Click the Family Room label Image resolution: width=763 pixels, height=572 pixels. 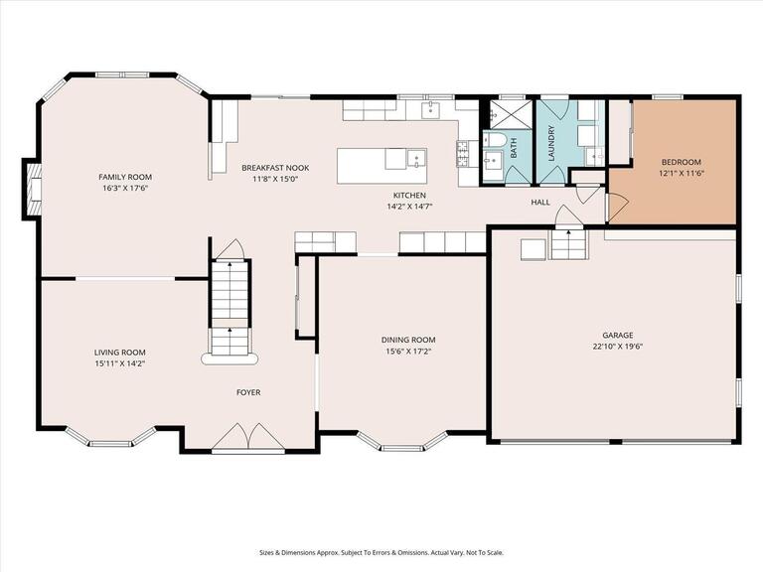[125, 177]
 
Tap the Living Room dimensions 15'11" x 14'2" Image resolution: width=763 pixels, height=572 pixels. [120, 363]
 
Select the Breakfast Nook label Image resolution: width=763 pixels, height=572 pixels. [275, 168]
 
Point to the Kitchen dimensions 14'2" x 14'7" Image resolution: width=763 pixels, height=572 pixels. [409, 207]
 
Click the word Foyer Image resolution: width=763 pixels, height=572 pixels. [248, 392]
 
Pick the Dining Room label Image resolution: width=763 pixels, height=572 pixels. [408, 340]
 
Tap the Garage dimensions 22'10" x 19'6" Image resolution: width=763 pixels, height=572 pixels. [618, 347]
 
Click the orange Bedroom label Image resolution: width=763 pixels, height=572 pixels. [682, 162]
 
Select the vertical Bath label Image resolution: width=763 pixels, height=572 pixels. [514, 147]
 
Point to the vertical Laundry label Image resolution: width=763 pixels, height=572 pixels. [551, 143]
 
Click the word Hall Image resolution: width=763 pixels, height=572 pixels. [540, 203]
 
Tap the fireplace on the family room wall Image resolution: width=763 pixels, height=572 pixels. [31, 189]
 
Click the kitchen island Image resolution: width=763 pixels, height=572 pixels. [381, 166]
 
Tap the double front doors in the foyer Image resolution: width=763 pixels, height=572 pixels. [248, 436]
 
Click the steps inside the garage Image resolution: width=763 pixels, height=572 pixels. [568, 244]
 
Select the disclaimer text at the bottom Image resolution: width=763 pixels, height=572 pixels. [381, 552]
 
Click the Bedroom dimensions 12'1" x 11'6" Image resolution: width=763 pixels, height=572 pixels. [682, 173]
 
